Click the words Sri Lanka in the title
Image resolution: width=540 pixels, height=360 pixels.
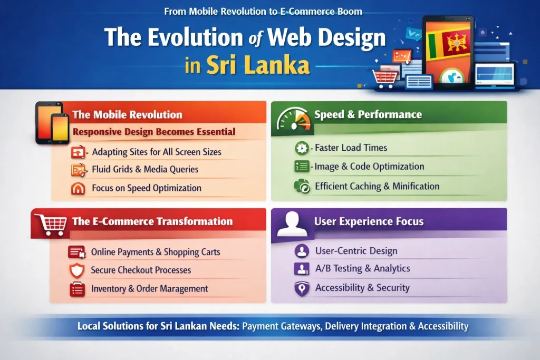pyautogui.click(x=258, y=65)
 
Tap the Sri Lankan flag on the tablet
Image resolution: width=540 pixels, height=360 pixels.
pyautogui.click(x=448, y=44)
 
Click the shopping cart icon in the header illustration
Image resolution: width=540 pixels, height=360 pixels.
pyautogui.click(x=384, y=79)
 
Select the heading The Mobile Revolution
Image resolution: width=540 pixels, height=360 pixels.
pyautogui.click(x=127, y=114)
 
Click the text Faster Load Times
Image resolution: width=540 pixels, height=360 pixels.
pyautogui.click(x=351, y=148)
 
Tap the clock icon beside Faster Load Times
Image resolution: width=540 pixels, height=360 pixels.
pyautogui.click(x=302, y=148)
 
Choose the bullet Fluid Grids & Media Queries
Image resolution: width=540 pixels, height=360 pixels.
pyautogui.click(x=145, y=169)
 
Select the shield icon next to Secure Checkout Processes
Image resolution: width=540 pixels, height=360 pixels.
pyautogui.click(x=77, y=270)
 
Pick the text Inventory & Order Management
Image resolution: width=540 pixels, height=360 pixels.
pyautogui.click(x=149, y=288)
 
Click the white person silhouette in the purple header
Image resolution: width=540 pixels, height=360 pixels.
pyautogui.click(x=292, y=223)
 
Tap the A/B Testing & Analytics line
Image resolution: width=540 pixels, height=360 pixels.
pyautogui.click(x=363, y=268)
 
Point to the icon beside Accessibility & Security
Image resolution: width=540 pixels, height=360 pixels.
pyautogui.click(x=302, y=288)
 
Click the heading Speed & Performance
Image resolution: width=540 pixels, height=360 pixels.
pyautogui.click(x=368, y=114)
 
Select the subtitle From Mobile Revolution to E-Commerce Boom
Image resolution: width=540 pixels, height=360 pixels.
pyautogui.click(x=263, y=12)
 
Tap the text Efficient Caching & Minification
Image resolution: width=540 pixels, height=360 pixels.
pyautogui.click(x=377, y=186)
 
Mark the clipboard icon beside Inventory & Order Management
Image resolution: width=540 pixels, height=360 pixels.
pyautogui.click(x=77, y=289)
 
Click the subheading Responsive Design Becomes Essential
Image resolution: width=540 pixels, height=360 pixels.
pyautogui.click(x=154, y=132)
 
